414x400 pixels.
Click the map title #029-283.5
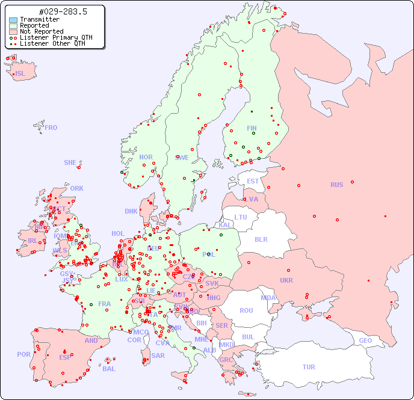54,11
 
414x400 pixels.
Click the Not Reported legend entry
41,31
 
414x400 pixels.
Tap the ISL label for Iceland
20,73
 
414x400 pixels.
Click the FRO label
51,128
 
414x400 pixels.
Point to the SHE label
70,162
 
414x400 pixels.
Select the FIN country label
252,128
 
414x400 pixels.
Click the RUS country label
336,185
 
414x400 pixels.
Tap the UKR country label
286,280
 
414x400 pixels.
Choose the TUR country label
309,367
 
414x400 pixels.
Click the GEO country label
365,340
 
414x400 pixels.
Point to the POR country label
23,354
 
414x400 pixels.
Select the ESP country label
65,357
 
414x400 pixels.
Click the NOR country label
146,157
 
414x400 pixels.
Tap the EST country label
253,181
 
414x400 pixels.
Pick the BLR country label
261,239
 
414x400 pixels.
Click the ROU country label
246,310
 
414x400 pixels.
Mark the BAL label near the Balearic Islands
108,369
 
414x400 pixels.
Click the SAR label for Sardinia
158,355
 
